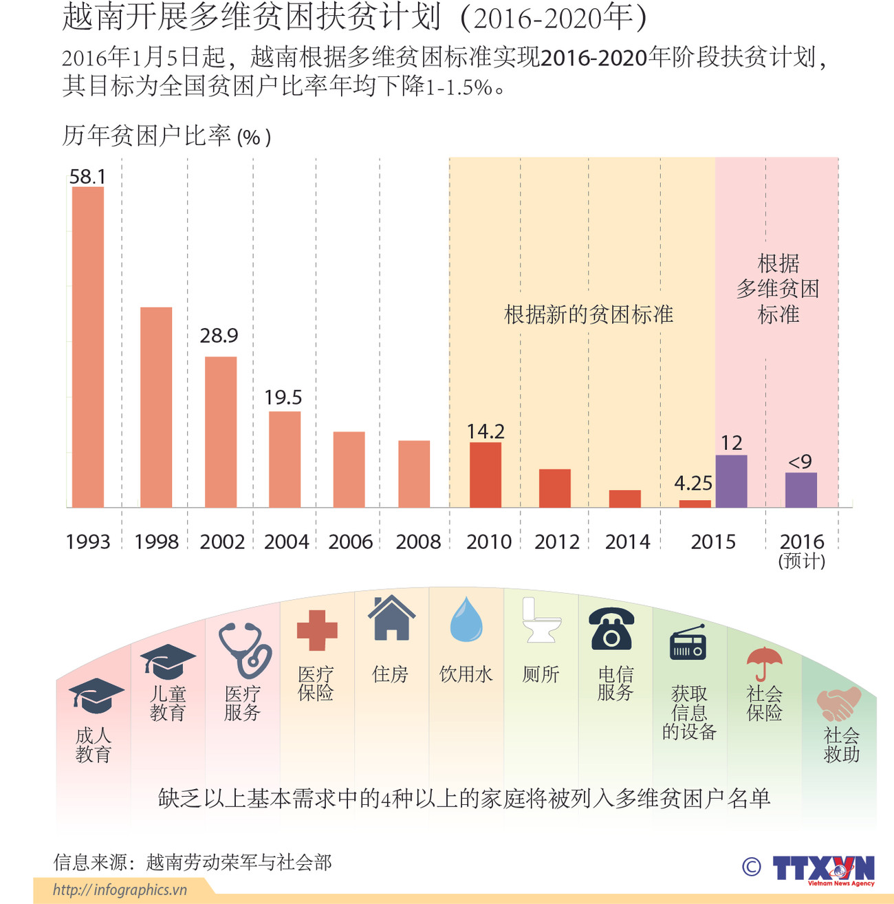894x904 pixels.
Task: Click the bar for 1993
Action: [x=88, y=347]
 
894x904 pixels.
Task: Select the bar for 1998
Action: [x=156, y=407]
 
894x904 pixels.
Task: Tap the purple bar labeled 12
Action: [x=731, y=481]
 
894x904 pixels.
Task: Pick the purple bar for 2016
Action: [x=801, y=490]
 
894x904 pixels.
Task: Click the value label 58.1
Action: [x=88, y=177]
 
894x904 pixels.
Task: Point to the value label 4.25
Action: [x=693, y=483]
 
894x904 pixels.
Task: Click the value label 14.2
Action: [x=486, y=431]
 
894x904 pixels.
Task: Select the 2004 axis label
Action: [x=286, y=542]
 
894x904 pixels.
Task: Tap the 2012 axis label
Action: [x=557, y=542]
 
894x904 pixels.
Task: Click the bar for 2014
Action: [x=624, y=499]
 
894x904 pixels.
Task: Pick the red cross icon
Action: [x=317, y=630]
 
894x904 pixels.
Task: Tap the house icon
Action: [x=391, y=618]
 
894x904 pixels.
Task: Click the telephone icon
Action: [x=611, y=629]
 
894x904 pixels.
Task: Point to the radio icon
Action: [x=688, y=643]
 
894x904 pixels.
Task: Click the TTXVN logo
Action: [x=823, y=869]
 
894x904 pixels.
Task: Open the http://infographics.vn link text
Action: [x=120, y=890]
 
